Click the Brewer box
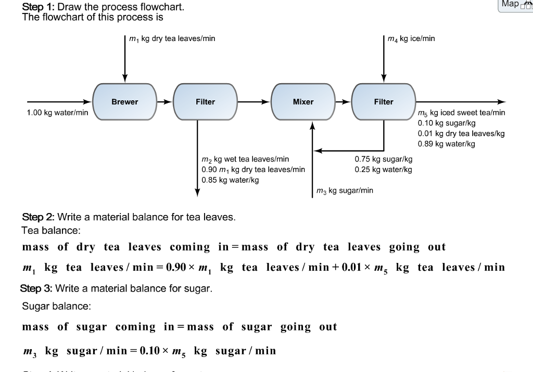pyautogui.click(x=124, y=102)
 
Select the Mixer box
pyautogui.click(x=303, y=102)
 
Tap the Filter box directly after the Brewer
pyautogui.click(x=205, y=102)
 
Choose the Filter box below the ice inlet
pyautogui.click(x=384, y=102)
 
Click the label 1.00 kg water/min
pyautogui.click(x=57, y=112)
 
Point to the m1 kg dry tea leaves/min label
pyautogui.click(x=172, y=38)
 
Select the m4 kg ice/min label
pyautogui.click(x=412, y=38)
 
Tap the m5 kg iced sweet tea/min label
pyautogui.click(x=461, y=112)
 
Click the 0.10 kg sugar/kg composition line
pyautogui.click(x=447, y=123)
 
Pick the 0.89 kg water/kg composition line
pyautogui.click(x=447, y=144)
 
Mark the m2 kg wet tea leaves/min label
pyautogui.click(x=245, y=159)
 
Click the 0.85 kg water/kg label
pyautogui.click(x=230, y=180)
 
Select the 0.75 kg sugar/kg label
pyautogui.click(x=384, y=159)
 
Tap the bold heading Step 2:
pyautogui.click(x=37, y=217)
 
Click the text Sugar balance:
pyautogui.click(x=56, y=306)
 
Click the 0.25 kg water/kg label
pyautogui.click(x=384, y=170)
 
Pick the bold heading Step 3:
pyautogui.click(x=36, y=288)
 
